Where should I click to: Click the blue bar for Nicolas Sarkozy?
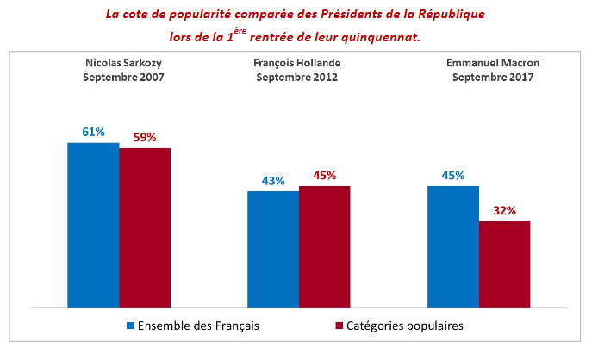tap(93, 224)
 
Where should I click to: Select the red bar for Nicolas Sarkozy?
tap(145, 227)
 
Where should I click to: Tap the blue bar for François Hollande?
tap(273, 248)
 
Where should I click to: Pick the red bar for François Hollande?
tap(325, 245)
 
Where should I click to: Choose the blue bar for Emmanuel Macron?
tap(453, 245)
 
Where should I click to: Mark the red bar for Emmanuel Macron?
tap(505, 264)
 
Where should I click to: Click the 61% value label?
tap(93, 132)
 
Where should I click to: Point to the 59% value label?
tap(145, 137)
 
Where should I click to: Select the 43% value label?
tap(273, 181)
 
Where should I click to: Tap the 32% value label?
tap(505, 210)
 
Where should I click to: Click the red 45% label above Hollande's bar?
tap(325, 176)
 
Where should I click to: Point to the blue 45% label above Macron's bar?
tap(453, 175)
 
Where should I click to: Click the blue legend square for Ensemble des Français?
tap(131, 326)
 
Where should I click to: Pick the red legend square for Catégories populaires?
tap(339, 326)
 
